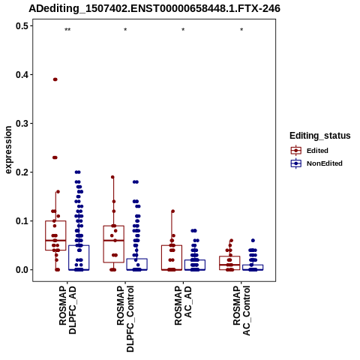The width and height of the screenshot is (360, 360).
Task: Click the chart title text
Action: (x=154, y=8)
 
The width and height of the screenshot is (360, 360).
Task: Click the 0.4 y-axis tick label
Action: (x=22, y=74)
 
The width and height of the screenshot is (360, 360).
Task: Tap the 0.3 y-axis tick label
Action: (x=22, y=123)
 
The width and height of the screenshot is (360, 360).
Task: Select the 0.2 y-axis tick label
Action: (x=22, y=172)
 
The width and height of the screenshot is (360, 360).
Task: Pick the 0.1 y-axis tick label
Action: (x=22, y=221)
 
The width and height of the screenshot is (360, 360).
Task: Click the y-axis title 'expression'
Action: (x=8, y=150)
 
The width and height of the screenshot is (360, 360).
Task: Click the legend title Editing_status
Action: (x=320, y=136)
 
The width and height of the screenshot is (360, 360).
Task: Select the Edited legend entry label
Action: (x=317, y=151)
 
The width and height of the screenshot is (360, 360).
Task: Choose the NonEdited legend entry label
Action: (x=325, y=163)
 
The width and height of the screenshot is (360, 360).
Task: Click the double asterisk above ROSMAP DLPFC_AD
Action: (x=67, y=30)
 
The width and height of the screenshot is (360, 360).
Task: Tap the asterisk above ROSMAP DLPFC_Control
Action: (x=125, y=30)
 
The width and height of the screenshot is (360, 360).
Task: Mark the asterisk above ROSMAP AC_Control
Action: (x=241, y=30)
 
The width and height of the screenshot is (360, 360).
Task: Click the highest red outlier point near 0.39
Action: (x=55, y=79)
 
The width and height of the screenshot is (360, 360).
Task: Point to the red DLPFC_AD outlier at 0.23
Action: (x=55, y=157)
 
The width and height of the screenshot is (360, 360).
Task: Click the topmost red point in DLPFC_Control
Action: (x=112, y=177)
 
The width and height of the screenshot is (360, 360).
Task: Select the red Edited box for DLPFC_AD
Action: (x=55, y=235)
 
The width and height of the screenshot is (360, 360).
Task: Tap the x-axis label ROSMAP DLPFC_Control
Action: (x=125, y=319)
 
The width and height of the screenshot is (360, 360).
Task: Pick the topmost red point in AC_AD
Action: (x=172, y=211)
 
